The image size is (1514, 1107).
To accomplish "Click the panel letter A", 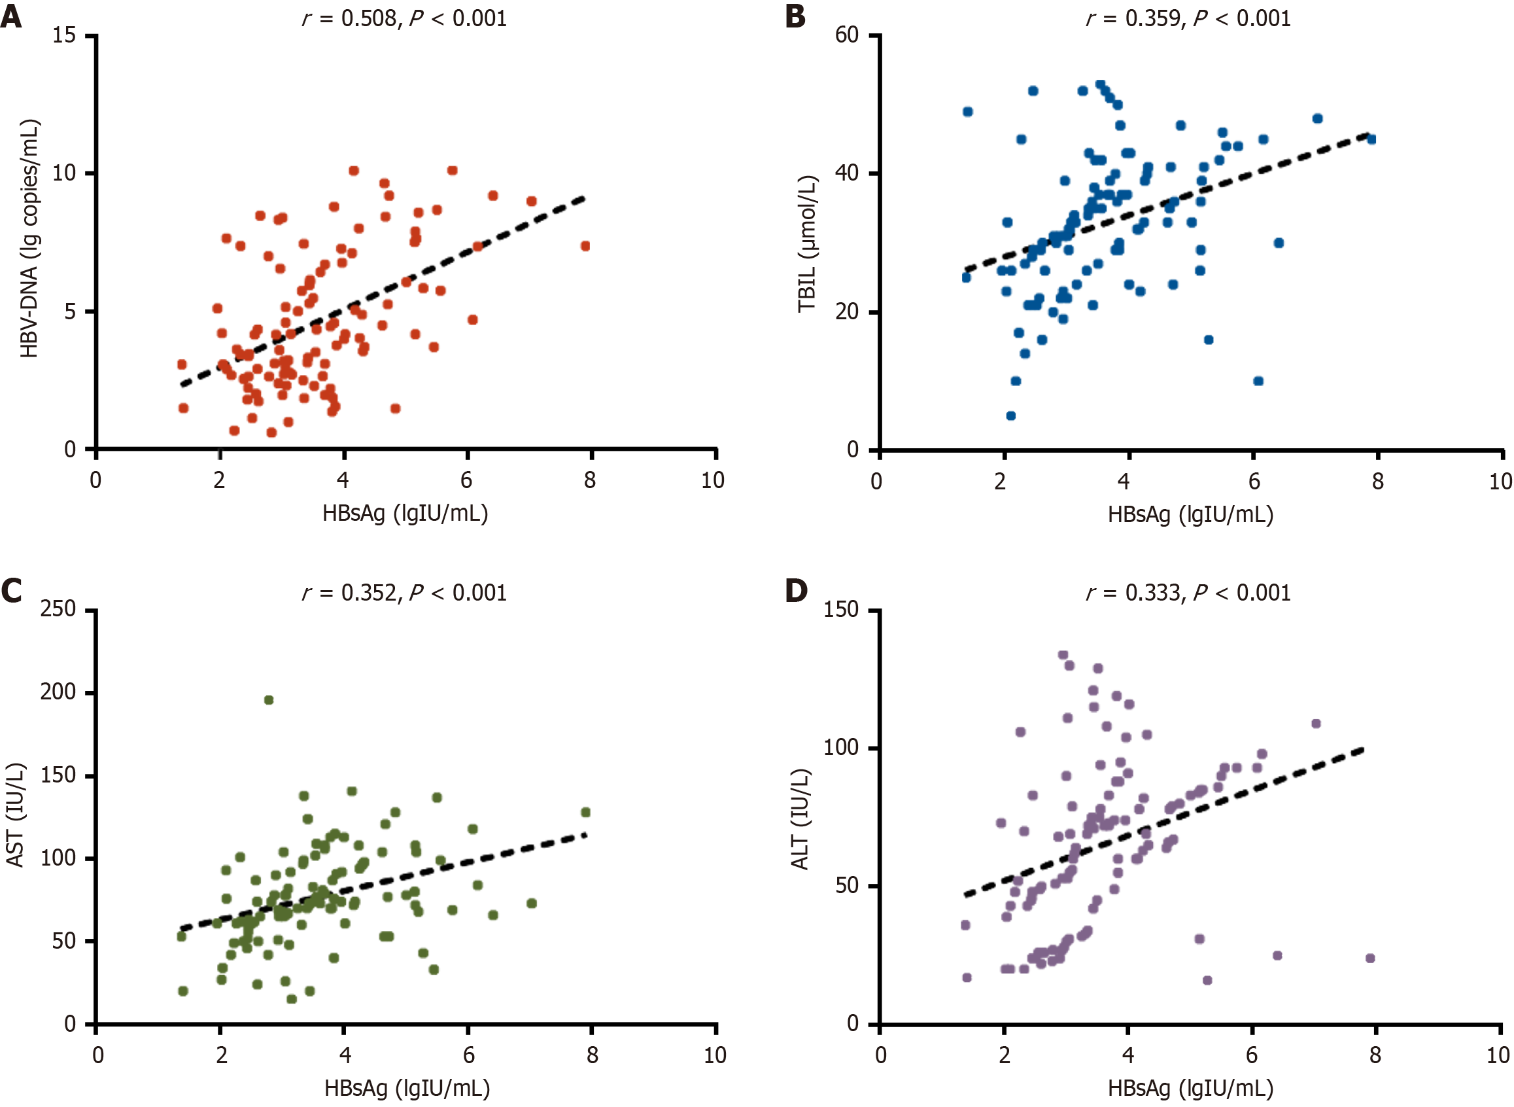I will coord(10,16).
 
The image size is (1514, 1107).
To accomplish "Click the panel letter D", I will coord(796,590).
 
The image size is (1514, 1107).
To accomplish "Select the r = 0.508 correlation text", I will coord(404,18).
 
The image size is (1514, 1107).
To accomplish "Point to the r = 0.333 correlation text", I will coord(1188,592).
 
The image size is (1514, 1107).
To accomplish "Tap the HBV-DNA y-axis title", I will coord(29,239).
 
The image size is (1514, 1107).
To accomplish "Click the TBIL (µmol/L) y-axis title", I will coord(807,244).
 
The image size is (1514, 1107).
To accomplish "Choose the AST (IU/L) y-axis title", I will coord(15,815).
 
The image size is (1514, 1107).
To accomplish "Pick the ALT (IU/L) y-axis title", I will coord(800,819).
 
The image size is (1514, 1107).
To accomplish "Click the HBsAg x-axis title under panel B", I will coord(1190,514).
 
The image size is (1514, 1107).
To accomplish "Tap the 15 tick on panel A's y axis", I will coord(64,35).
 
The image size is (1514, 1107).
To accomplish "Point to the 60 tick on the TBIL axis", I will coord(847,35).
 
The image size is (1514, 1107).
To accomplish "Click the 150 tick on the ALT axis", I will coord(841,609).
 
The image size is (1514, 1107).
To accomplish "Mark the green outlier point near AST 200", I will coord(269,700).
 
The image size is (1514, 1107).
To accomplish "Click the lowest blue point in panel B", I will coord(1011,416).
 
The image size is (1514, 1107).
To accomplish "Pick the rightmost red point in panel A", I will coord(585,246).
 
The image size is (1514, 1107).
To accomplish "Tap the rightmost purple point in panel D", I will coord(1370,958).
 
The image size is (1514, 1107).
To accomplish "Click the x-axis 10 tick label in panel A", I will coord(713,480).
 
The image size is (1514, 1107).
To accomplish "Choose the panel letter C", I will coord(11,590).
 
